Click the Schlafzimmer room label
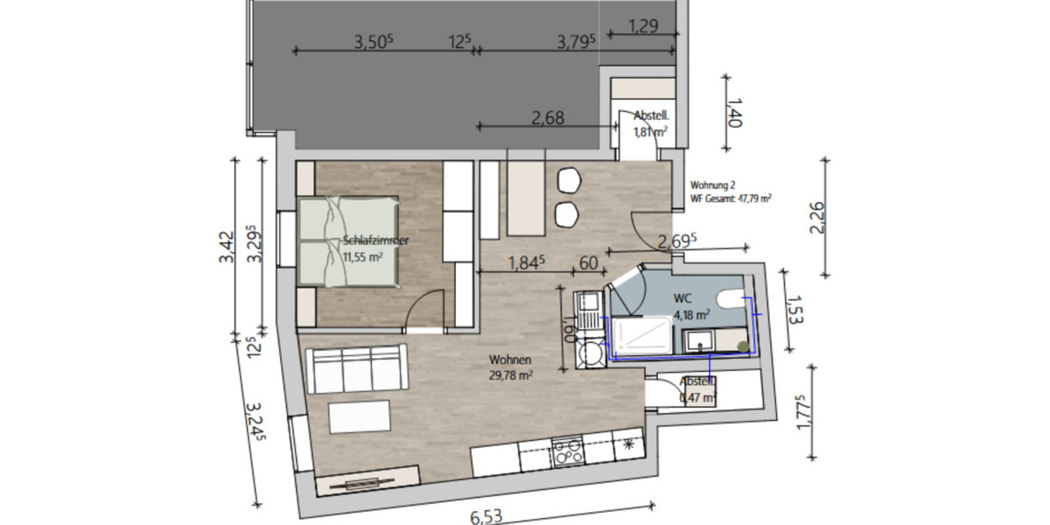tap(376, 241)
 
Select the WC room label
tap(682, 297)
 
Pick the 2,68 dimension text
tap(548, 118)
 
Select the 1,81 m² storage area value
tap(651, 132)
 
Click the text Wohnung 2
tap(713, 185)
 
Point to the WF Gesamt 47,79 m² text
tap(731, 198)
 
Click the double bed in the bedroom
tap(348, 241)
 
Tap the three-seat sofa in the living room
tap(357, 368)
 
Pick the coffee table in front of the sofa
tap(360, 417)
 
